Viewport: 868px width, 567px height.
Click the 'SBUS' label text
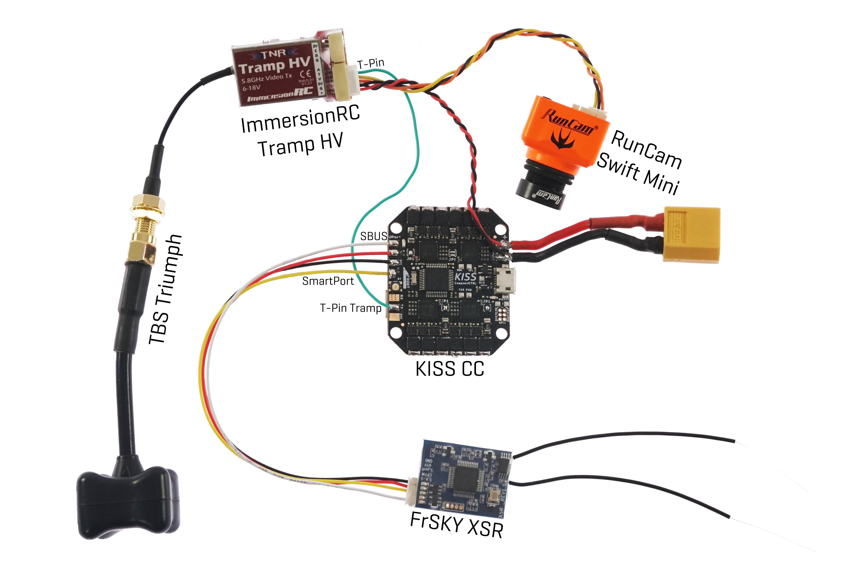click(373, 236)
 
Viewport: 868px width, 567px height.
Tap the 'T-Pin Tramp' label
click(351, 308)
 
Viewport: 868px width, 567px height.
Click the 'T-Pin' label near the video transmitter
click(371, 64)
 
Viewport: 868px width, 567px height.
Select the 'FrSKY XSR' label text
click(457, 525)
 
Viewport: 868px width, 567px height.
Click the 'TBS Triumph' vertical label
click(166, 290)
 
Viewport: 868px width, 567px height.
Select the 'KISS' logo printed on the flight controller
click(465, 276)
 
